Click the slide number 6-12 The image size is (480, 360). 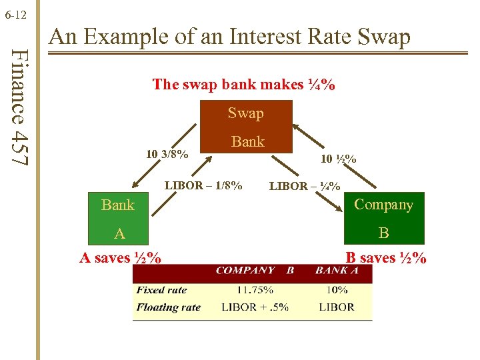[x=15, y=13]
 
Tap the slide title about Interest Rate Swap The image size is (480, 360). [x=230, y=37]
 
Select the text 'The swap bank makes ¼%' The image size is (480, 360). [x=243, y=85]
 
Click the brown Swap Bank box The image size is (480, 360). [x=247, y=127]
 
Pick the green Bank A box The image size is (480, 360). [x=119, y=219]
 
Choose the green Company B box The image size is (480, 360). [x=383, y=219]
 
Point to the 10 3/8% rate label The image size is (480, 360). [x=167, y=155]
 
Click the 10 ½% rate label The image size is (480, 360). [x=338, y=159]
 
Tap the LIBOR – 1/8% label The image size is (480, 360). [x=203, y=185]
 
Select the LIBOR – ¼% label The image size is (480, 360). [x=304, y=187]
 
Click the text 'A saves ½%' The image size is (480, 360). [x=120, y=258]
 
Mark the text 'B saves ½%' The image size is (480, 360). [x=385, y=258]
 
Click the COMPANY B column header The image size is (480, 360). [x=255, y=271]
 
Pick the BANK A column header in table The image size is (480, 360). [x=337, y=271]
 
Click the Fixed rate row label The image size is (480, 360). [x=161, y=290]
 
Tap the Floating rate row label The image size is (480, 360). [x=168, y=307]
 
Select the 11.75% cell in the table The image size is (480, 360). [x=255, y=290]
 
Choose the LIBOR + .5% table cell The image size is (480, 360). [x=255, y=307]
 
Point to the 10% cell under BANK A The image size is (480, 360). [x=337, y=290]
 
